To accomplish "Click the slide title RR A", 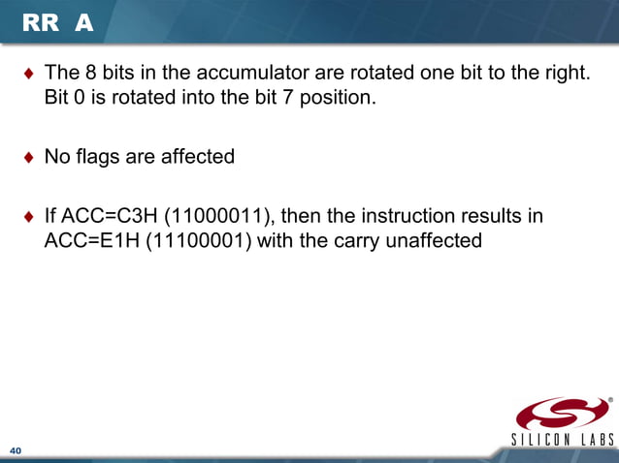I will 57,23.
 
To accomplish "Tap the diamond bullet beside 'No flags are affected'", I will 28,156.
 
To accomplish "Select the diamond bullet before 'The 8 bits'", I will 28,74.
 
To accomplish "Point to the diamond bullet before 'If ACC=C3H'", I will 28,215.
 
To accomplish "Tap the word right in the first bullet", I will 565,73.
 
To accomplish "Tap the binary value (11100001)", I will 200,239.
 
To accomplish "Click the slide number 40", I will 16,451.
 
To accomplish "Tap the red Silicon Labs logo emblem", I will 562,414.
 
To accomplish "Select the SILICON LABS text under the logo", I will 562,441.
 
